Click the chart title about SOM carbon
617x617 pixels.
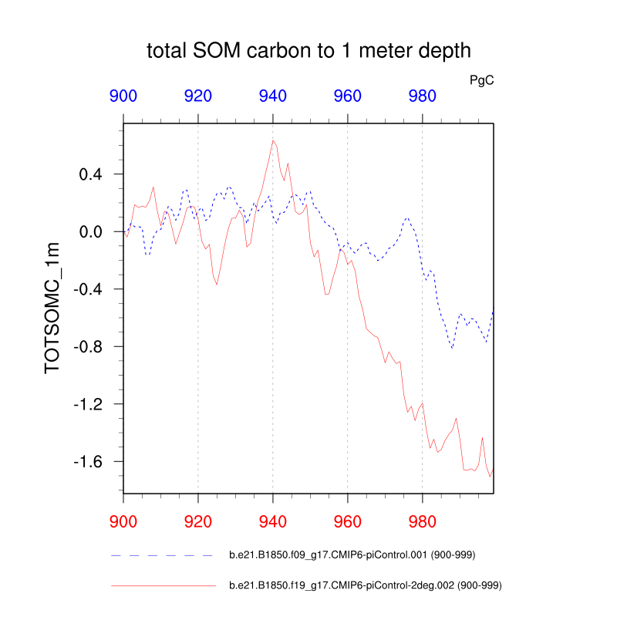[x=308, y=52]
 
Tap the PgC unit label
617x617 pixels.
[x=482, y=79]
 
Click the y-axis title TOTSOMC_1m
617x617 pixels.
[x=52, y=317]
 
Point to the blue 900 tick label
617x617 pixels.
[x=123, y=96]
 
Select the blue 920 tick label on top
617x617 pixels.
[x=198, y=96]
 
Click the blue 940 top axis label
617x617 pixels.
[x=273, y=96]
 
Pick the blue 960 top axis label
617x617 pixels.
[x=348, y=96]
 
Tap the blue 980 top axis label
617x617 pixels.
[x=423, y=96]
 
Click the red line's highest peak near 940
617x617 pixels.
[x=273, y=140]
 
